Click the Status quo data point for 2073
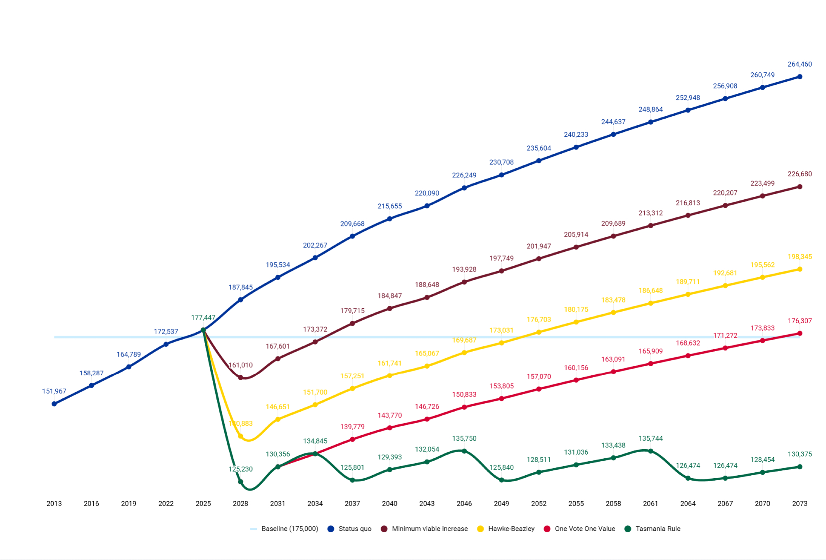[x=800, y=77]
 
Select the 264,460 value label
[x=800, y=64]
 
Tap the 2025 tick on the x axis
[x=203, y=503]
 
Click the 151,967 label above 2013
[x=54, y=391]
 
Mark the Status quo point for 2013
[x=54, y=404]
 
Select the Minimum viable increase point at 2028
[x=240, y=377]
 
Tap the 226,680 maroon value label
[x=800, y=174]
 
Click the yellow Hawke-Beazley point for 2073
[x=800, y=269]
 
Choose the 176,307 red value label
[x=800, y=321]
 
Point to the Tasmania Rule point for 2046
[x=464, y=451]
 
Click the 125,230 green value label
[x=240, y=469]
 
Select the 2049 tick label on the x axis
[x=501, y=503]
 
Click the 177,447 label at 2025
[x=203, y=317]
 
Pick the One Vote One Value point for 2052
[x=539, y=389]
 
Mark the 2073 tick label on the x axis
[x=800, y=503]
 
